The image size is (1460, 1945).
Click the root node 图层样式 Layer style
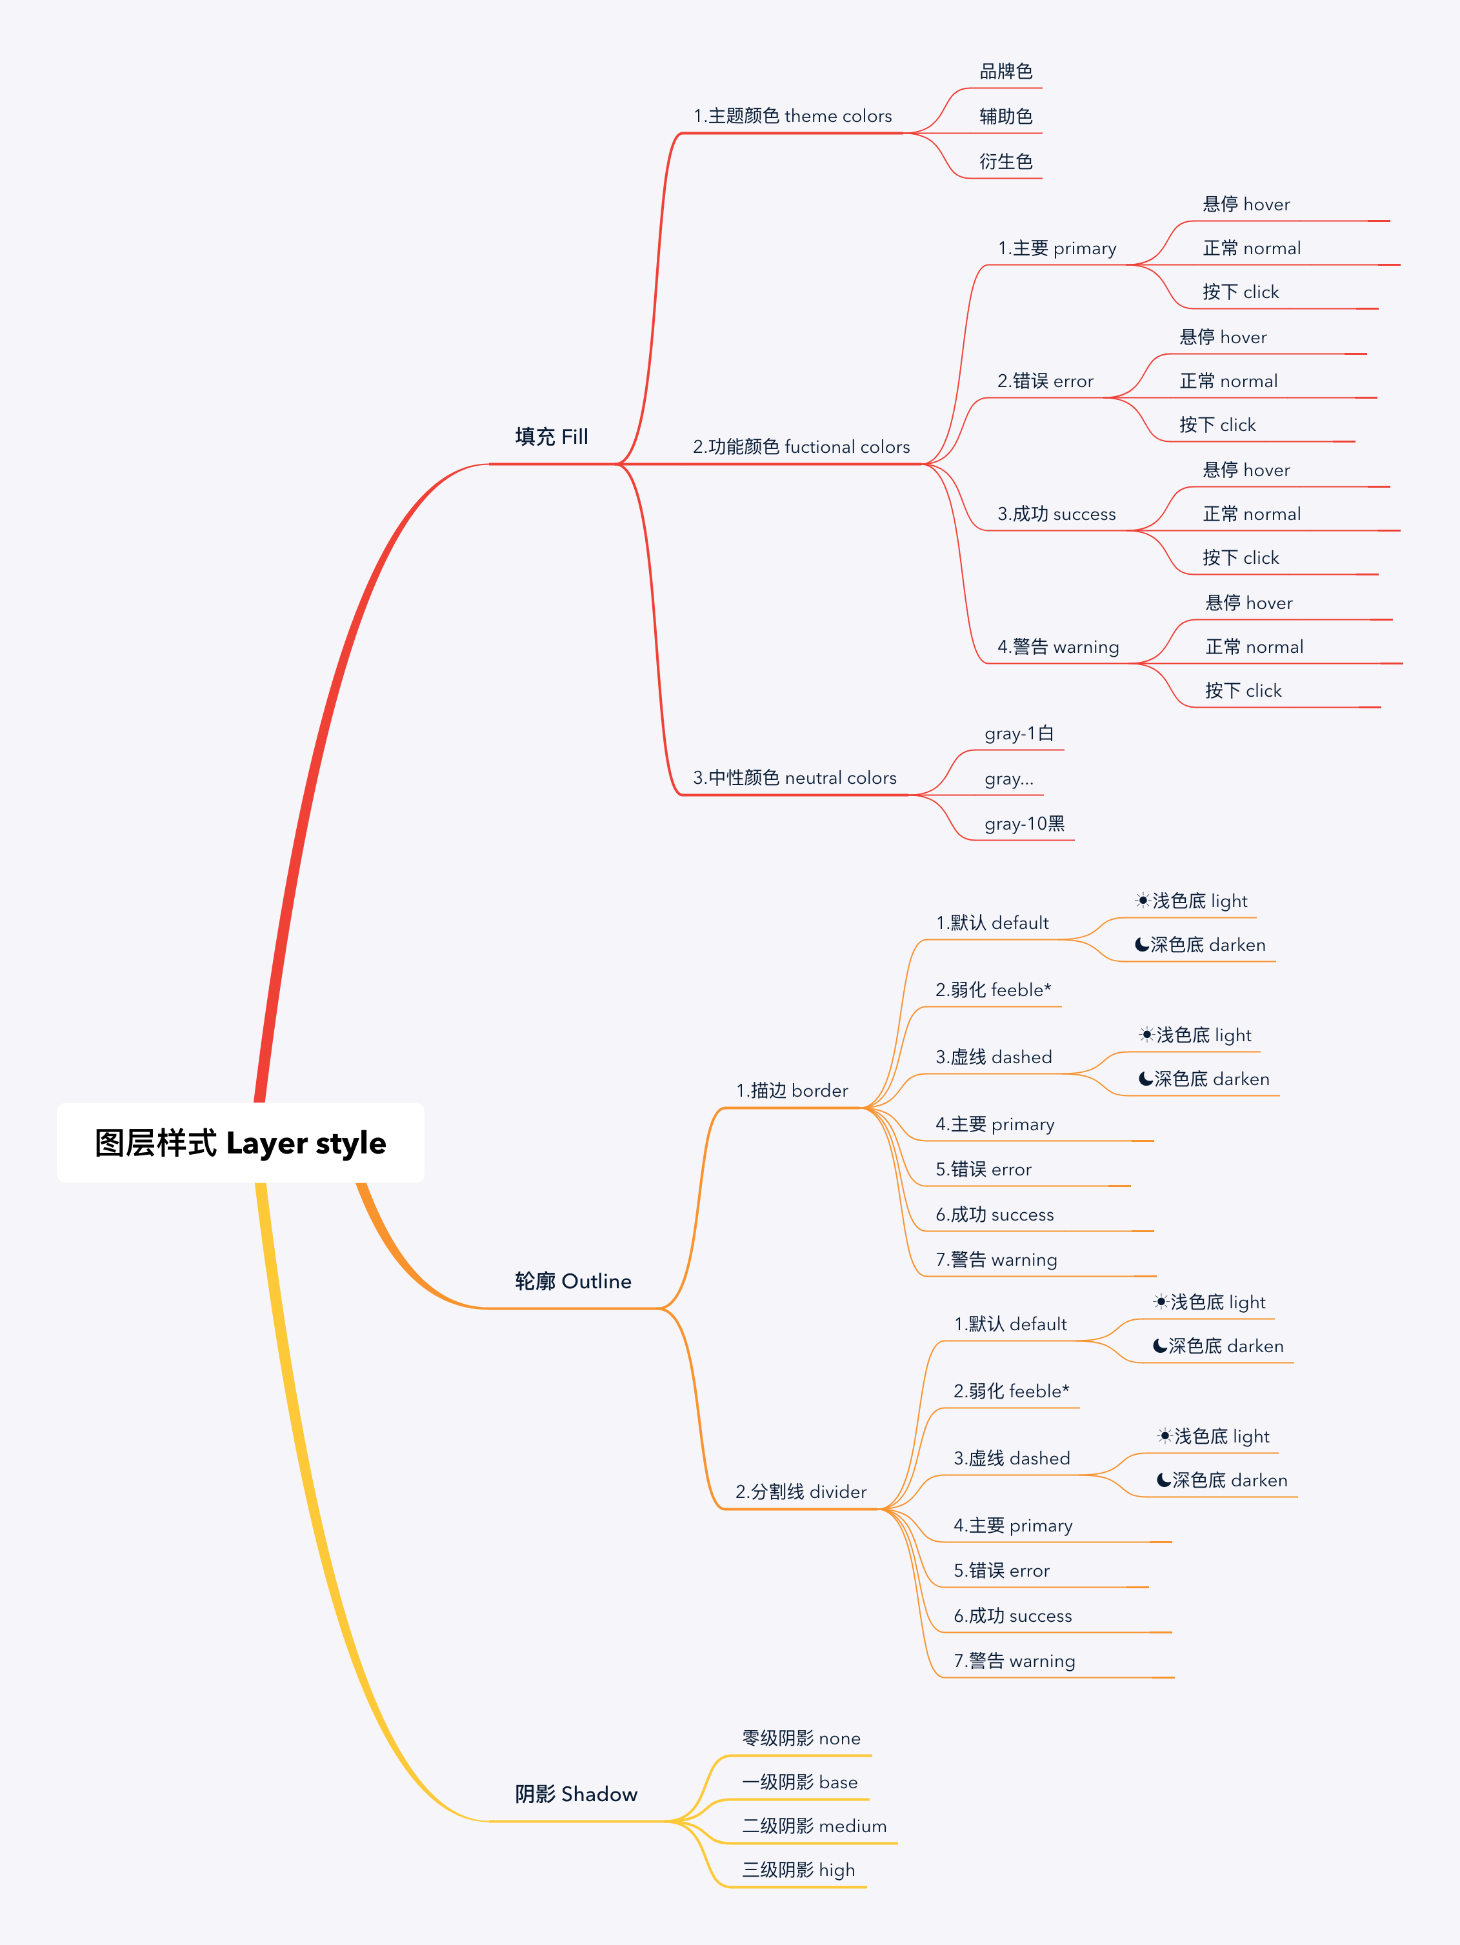[x=240, y=1142]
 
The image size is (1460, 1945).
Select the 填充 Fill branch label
[x=552, y=437]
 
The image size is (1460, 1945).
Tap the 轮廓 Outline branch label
[x=572, y=1281]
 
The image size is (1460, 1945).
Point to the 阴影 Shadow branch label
[x=576, y=1794]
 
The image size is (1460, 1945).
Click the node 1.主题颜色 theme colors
[x=792, y=116]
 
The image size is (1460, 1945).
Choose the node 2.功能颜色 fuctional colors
[x=801, y=446]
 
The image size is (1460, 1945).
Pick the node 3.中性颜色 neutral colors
[x=794, y=777]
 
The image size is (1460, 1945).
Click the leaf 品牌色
[x=1006, y=71]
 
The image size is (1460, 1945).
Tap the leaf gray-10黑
[x=1025, y=824]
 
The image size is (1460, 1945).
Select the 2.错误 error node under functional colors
[x=1045, y=381]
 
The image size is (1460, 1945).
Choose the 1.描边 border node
[x=792, y=1090]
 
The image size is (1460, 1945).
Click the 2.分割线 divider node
[x=801, y=1491]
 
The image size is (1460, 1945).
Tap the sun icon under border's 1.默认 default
[x=1143, y=901]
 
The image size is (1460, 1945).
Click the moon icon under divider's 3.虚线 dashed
[x=1164, y=1480]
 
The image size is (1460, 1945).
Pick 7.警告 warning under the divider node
[x=1014, y=1661]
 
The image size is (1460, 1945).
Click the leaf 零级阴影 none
[x=801, y=1739]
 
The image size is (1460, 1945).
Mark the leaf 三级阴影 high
[x=797, y=1870]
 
